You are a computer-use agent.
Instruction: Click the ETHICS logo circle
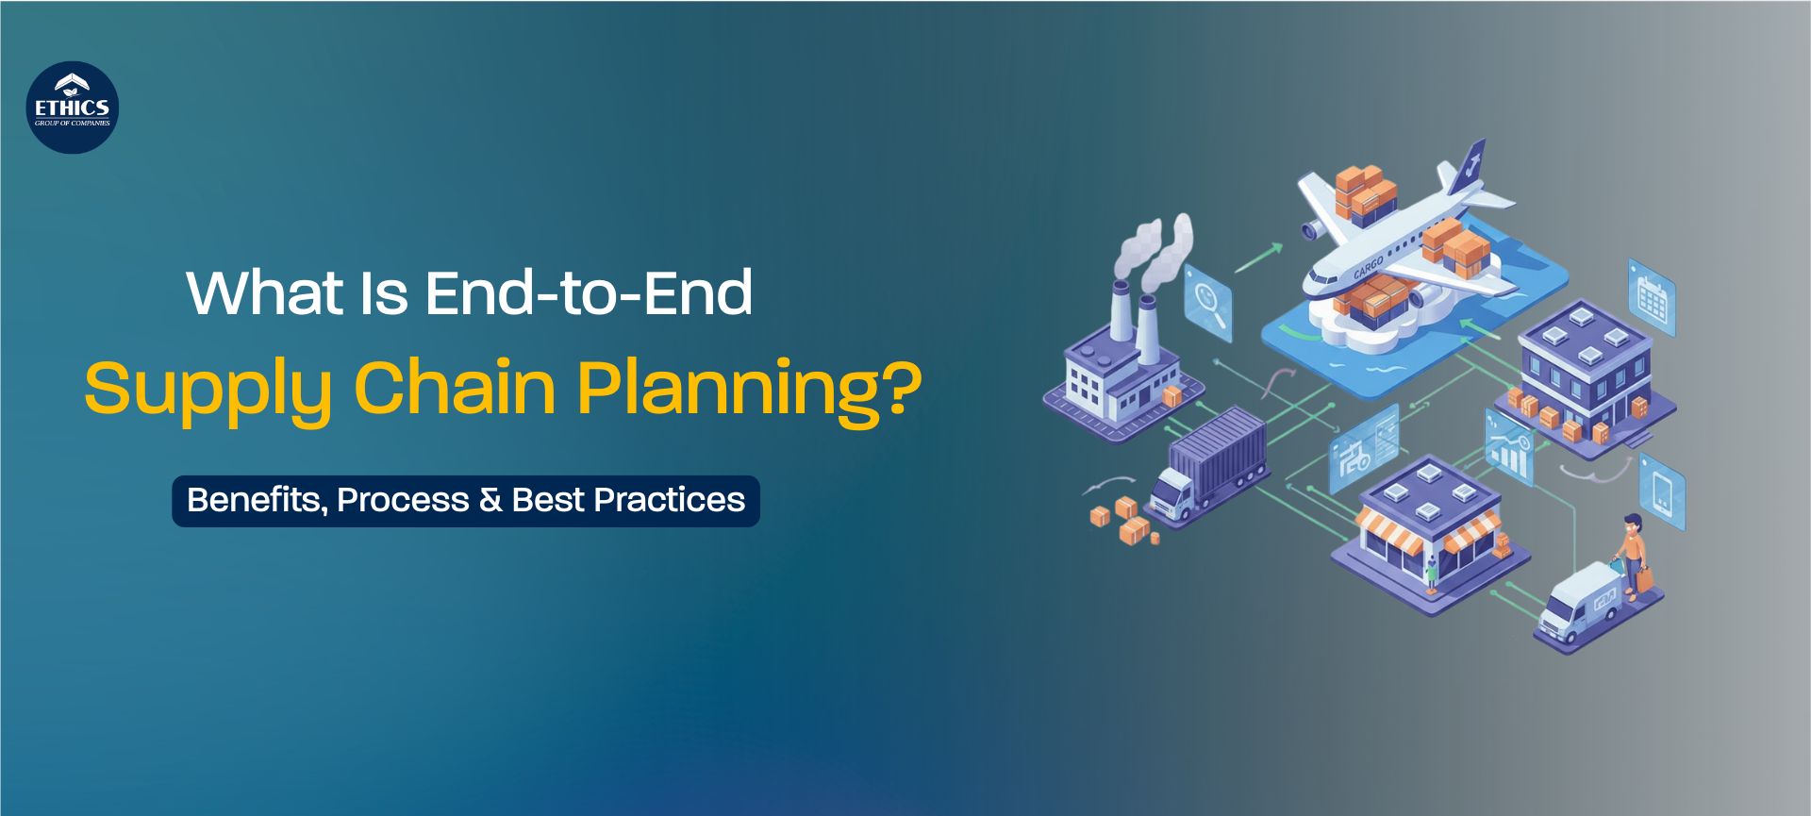73,108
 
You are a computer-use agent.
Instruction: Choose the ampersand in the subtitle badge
490,500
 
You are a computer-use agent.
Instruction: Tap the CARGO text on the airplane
1368,267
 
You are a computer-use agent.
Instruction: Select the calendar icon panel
1652,297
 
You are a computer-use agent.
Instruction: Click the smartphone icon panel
1662,491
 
